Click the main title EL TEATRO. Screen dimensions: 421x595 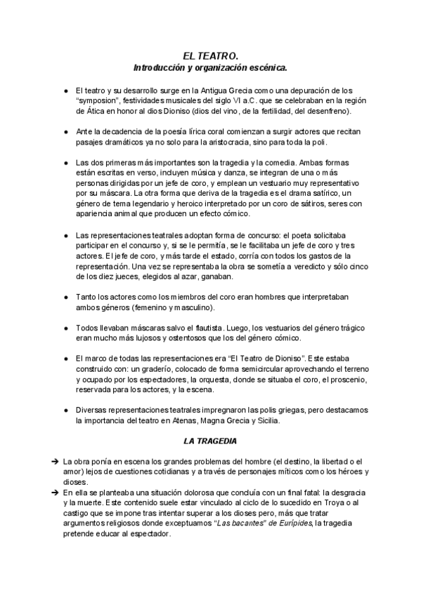pos(210,55)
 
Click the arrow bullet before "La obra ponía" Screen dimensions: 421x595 pos(54,461)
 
